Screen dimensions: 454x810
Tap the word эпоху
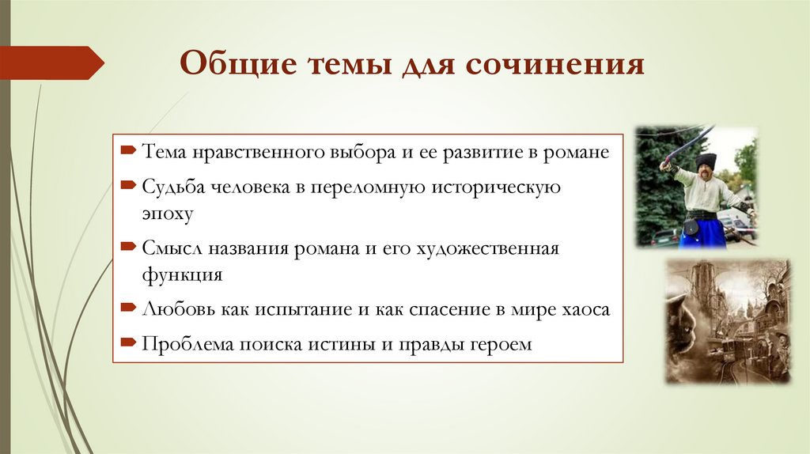pos(168,214)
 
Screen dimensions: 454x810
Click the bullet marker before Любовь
pos(128,308)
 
